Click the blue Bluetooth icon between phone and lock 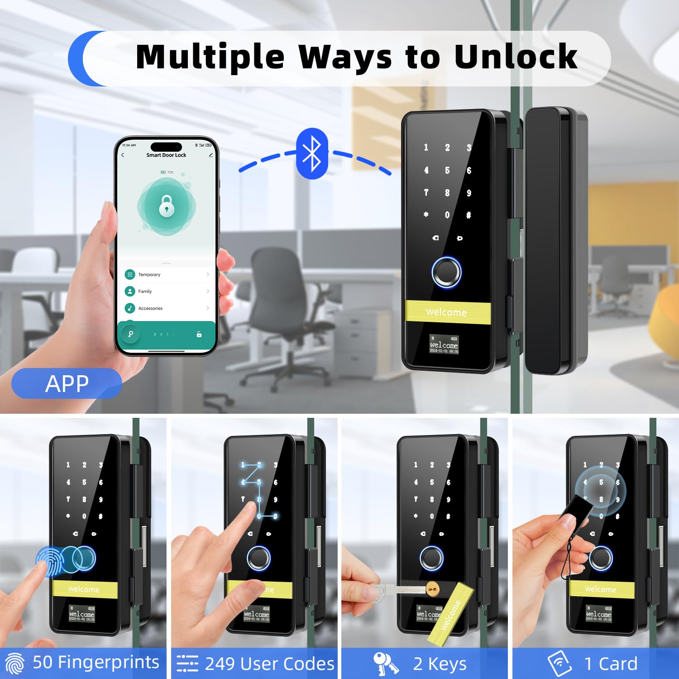[x=312, y=154]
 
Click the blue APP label [x=67, y=384]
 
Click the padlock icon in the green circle [x=167, y=206]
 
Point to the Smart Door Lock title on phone [x=166, y=155]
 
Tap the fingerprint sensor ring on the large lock [x=446, y=272]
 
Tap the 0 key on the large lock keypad [x=447, y=215]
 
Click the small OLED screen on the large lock [x=444, y=344]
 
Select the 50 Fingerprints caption [x=96, y=662]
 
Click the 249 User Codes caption [x=269, y=664]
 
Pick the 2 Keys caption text [x=440, y=664]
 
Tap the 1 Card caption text [x=611, y=664]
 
